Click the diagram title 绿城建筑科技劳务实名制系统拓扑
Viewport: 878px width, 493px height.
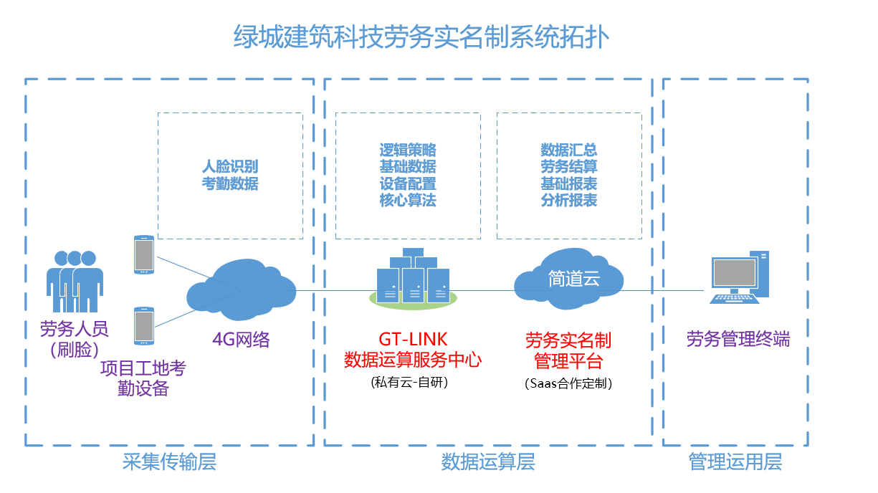[421, 37]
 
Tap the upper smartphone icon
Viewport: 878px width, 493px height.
[144, 254]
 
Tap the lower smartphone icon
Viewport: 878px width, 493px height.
[144, 325]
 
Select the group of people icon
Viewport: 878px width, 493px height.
[75, 281]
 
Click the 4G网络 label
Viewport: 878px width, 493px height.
[241, 340]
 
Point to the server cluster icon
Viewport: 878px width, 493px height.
[413, 278]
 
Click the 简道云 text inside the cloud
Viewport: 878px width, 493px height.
[574, 279]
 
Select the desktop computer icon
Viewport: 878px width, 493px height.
[739, 277]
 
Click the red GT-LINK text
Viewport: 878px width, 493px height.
[413, 340]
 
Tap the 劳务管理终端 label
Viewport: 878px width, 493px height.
[738, 339]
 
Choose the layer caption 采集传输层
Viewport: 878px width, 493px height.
[169, 461]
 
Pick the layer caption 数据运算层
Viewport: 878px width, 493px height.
[488, 461]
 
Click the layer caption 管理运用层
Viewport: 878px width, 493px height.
[735, 461]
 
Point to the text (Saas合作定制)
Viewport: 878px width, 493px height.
[568, 383]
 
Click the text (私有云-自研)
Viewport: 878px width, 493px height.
[409, 382]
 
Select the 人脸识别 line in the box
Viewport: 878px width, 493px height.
[230, 166]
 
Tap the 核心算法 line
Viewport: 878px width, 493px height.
[408, 200]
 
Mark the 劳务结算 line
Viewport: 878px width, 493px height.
[569, 166]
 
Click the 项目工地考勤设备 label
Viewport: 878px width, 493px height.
[143, 378]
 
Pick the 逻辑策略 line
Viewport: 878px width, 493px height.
[408, 150]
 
